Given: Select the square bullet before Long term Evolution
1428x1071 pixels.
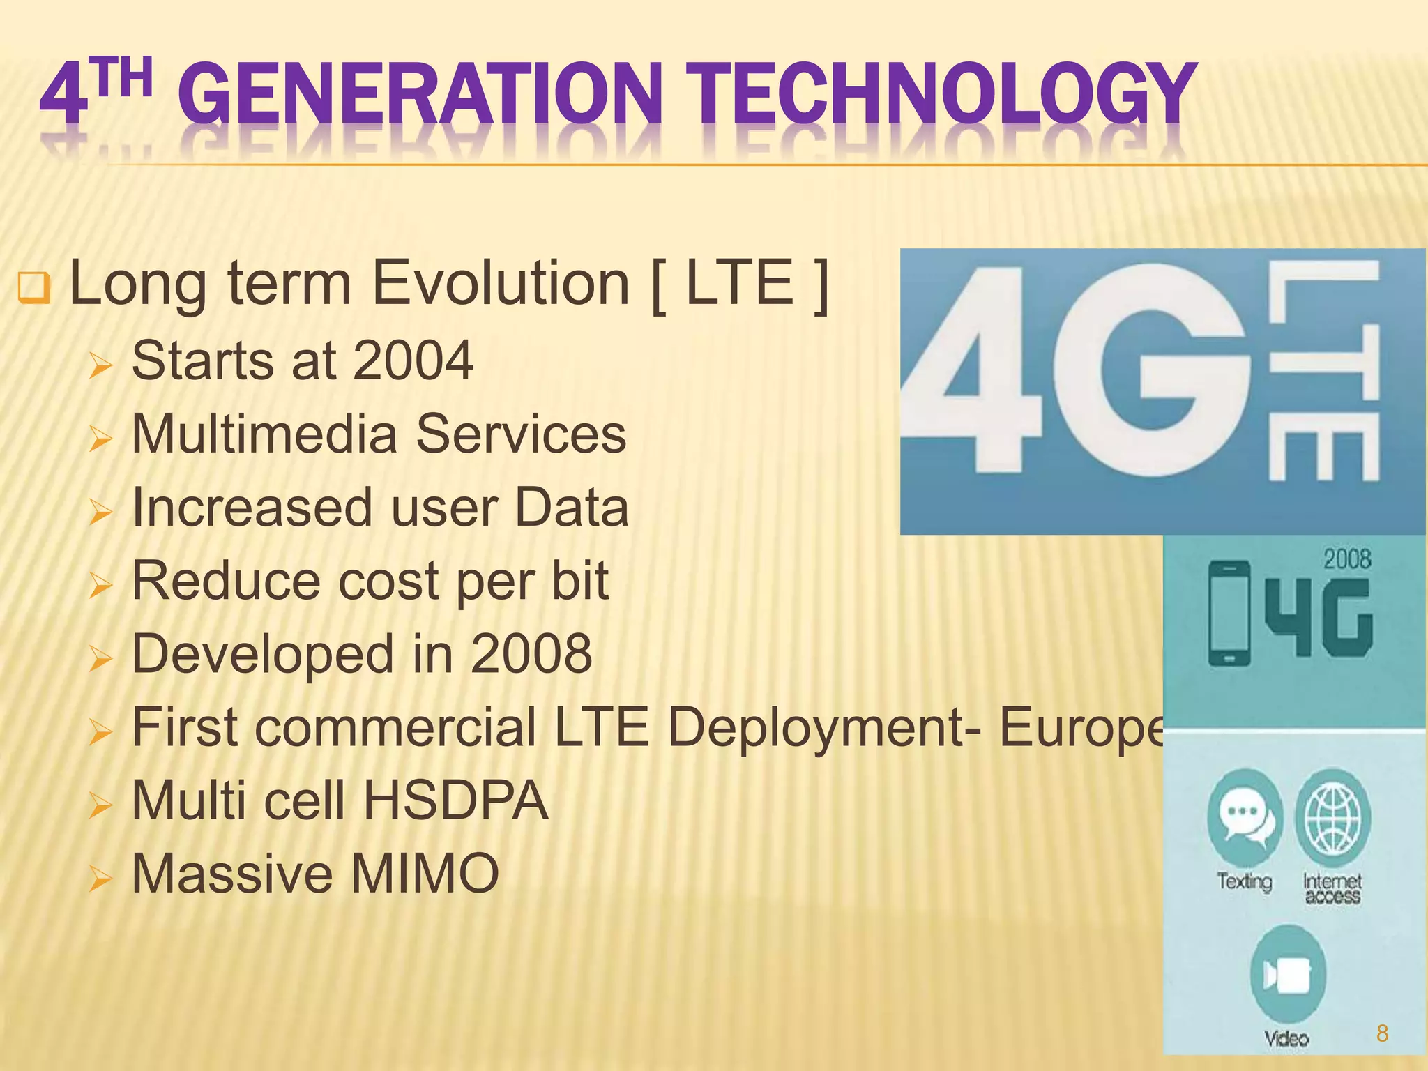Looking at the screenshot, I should (33, 287).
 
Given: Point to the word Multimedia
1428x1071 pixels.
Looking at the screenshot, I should (264, 434).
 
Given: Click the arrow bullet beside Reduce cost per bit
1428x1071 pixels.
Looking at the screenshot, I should (100, 586).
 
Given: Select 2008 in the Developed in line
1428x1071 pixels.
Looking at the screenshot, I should (531, 654).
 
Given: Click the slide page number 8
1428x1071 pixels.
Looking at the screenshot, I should (1382, 1033).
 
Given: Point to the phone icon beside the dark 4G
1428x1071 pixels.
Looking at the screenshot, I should (1229, 614).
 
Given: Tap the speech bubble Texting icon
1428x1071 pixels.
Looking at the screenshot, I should (1244, 815).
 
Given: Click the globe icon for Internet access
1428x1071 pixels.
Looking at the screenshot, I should (1332, 815).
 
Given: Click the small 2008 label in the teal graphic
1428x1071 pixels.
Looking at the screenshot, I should (1347, 559).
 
